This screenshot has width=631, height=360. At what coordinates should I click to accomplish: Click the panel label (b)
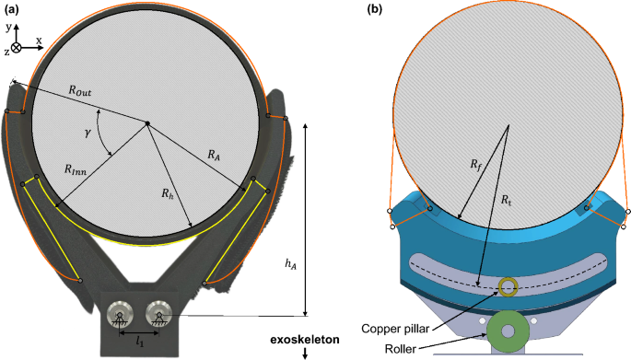click(x=375, y=10)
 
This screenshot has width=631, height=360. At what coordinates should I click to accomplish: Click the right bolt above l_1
click(x=158, y=315)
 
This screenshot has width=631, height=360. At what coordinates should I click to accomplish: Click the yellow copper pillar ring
click(x=506, y=287)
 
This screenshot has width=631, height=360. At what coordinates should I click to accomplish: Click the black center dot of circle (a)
click(x=146, y=123)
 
